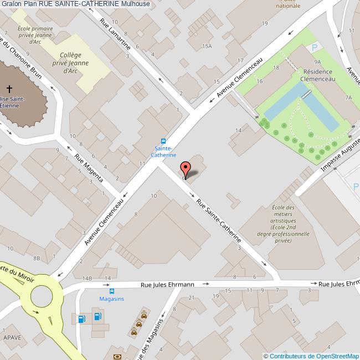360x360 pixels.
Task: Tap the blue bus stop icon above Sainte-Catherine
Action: point(163,141)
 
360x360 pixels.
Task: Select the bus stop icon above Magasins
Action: point(112,291)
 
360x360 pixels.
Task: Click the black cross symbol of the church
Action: point(9,89)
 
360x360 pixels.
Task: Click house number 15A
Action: point(207,47)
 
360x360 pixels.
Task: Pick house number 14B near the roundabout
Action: point(86,277)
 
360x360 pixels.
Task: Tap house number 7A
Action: point(348,97)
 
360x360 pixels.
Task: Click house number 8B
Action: point(37,259)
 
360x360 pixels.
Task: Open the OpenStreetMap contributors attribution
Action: point(311,356)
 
